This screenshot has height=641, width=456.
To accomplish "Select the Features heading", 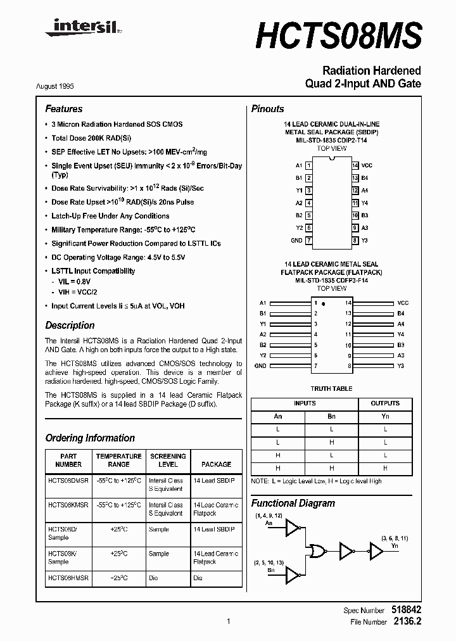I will point(63,109).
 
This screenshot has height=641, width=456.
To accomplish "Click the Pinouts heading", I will point(267,109).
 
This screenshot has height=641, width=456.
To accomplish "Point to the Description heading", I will point(70,326).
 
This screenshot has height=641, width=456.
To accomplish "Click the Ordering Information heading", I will point(90,438).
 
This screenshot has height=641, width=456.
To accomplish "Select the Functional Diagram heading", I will point(293,503).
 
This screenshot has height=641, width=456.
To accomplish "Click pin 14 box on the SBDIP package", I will point(355,165).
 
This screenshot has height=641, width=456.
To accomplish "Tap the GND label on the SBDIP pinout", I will point(296,241).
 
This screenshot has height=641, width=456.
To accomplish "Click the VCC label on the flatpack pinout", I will point(403,303).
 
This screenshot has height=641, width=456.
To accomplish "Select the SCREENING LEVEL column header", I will point(168,460).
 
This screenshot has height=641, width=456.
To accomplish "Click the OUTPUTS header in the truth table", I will point(385,403).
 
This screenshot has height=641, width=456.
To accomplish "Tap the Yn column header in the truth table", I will point(385,417).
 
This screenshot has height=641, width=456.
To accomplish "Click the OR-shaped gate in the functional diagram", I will point(317,550).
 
